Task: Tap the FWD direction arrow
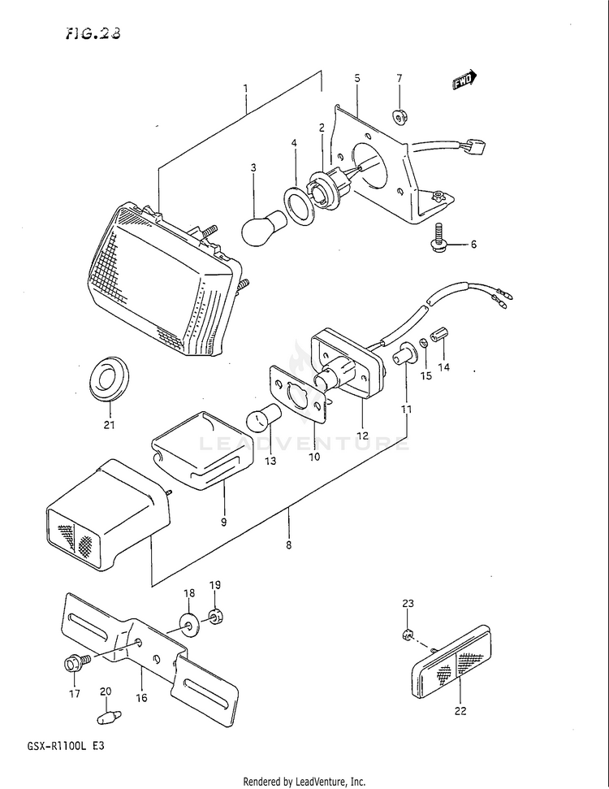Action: [x=464, y=80]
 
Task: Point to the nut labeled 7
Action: [x=400, y=116]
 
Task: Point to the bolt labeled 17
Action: [x=71, y=664]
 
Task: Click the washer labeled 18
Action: [x=188, y=626]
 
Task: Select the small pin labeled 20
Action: [x=107, y=717]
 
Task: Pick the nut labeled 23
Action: [x=409, y=634]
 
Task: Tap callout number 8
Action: [x=288, y=545]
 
